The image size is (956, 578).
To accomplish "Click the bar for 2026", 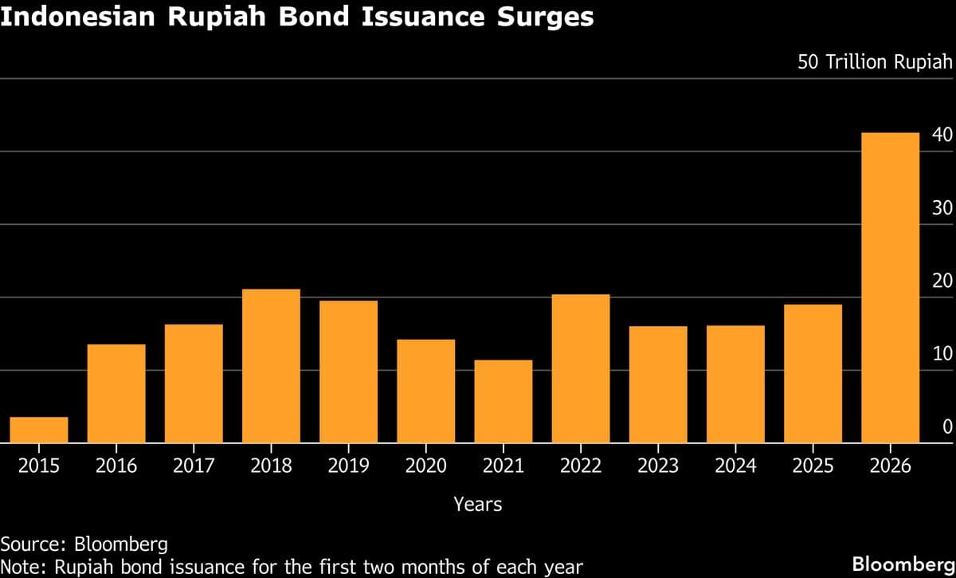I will tap(890, 287).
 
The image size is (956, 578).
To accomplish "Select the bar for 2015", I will tap(39, 430).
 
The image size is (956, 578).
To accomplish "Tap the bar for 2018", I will tap(271, 366).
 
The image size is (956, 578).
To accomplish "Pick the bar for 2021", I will tap(503, 401).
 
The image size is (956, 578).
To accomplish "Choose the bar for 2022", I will tap(581, 368).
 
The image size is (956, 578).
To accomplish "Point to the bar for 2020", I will tap(426, 391).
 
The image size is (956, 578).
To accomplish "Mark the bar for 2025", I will tap(813, 373).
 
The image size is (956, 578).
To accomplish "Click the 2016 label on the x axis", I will tap(116, 466).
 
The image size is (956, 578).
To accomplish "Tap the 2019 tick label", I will tap(348, 466).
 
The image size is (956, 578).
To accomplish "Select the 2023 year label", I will tap(658, 466).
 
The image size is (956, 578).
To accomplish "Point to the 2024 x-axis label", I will tap(735, 466).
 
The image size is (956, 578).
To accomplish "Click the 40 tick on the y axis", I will tap(942, 135).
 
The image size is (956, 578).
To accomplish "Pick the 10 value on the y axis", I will tap(942, 354).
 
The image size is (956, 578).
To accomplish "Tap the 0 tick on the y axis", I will tap(947, 427).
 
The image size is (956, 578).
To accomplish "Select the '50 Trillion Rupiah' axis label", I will tap(875, 62).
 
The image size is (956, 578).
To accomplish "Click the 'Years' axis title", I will tap(478, 504).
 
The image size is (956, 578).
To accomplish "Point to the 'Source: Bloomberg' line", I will tap(84, 545).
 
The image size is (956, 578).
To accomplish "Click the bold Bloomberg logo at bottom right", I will tap(903, 564).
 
